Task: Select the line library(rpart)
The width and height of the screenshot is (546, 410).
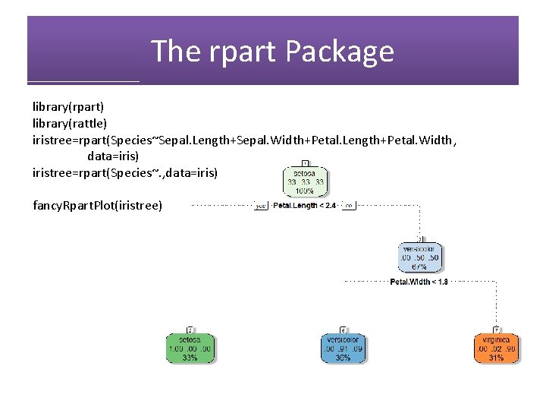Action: pyautogui.click(x=68, y=107)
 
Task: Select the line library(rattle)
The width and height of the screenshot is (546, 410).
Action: pyautogui.click(x=70, y=123)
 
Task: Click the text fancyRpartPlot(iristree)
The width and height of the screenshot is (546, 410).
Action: pyautogui.click(x=97, y=205)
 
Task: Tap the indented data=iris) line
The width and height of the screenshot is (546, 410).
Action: pyautogui.click(x=113, y=156)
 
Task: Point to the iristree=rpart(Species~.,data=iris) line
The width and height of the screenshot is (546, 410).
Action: pyautogui.click(x=125, y=172)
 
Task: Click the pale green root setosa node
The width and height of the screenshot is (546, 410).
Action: pyautogui.click(x=306, y=182)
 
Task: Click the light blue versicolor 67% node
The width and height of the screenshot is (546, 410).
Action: pyautogui.click(x=419, y=257)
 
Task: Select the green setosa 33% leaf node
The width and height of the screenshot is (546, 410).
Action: pyautogui.click(x=190, y=348)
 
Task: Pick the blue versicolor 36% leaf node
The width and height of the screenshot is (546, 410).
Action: pyautogui.click(x=343, y=348)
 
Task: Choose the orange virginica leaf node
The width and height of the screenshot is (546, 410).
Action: pyautogui.click(x=497, y=348)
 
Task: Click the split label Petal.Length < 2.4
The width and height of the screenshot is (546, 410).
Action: pyautogui.click(x=304, y=205)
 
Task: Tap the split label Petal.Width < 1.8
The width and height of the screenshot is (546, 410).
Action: pyautogui.click(x=419, y=282)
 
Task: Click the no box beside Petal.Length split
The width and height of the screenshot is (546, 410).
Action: pyautogui.click(x=349, y=205)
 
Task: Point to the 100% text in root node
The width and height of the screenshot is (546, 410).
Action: pyautogui.click(x=306, y=191)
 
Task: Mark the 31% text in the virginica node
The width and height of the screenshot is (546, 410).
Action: pyautogui.click(x=497, y=358)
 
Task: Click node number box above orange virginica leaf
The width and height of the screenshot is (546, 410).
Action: pyautogui.click(x=497, y=330)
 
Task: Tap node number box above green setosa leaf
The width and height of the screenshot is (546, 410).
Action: pyautogui.click(x=190, y=330)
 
